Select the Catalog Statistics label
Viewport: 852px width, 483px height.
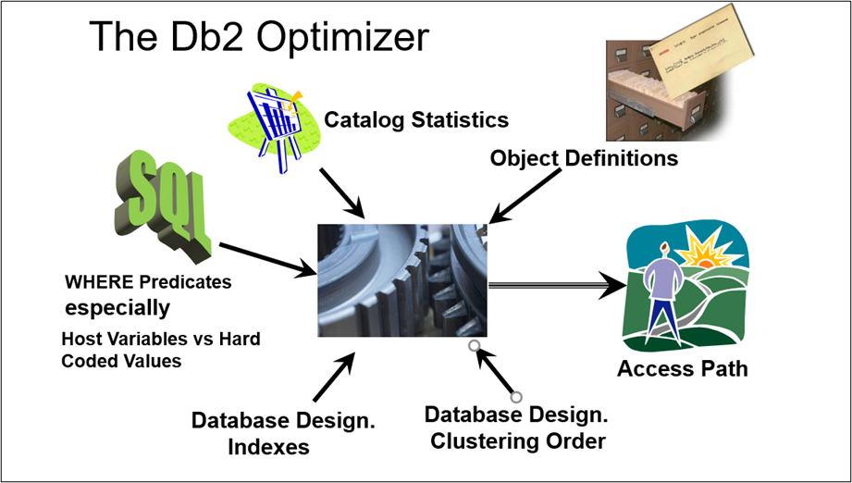coord(416,119)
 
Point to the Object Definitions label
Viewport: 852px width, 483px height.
coord(584,158)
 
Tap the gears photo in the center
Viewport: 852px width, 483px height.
coord(402,280)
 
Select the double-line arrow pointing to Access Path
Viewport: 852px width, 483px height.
coord(555,286)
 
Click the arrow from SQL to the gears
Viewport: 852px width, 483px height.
coord(268,258)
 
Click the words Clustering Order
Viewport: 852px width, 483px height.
coord(518,440)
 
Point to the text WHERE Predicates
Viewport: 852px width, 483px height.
coord(148,281)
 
